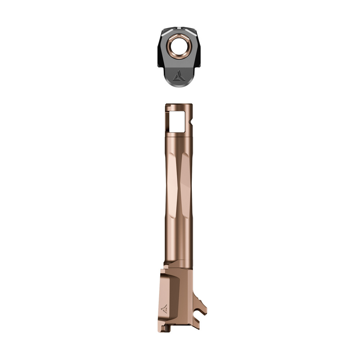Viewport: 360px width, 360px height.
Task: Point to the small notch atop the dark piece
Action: pos(179,28)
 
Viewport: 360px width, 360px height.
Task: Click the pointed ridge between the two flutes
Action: pos(179,187)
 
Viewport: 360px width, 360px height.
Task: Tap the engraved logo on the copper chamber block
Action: pos(165,309)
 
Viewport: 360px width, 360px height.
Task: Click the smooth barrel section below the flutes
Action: pos(179,245)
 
